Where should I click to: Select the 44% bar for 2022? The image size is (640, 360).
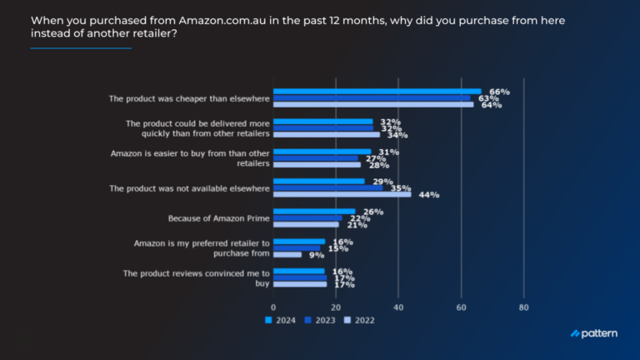342,194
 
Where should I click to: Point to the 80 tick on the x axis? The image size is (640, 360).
523,306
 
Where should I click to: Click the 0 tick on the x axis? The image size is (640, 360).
274,306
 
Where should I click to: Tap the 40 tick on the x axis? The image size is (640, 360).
398,306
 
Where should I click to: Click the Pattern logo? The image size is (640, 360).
594,333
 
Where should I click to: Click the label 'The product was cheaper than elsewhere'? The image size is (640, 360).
189,98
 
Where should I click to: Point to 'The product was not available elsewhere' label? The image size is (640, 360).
190,188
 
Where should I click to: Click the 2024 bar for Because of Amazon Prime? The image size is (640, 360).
314,212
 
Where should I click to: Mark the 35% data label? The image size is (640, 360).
401,188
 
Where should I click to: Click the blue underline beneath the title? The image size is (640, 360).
81,48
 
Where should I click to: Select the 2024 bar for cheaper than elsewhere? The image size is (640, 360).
377,92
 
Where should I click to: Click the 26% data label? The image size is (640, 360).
373,212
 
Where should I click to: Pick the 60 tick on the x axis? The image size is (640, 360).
461,306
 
